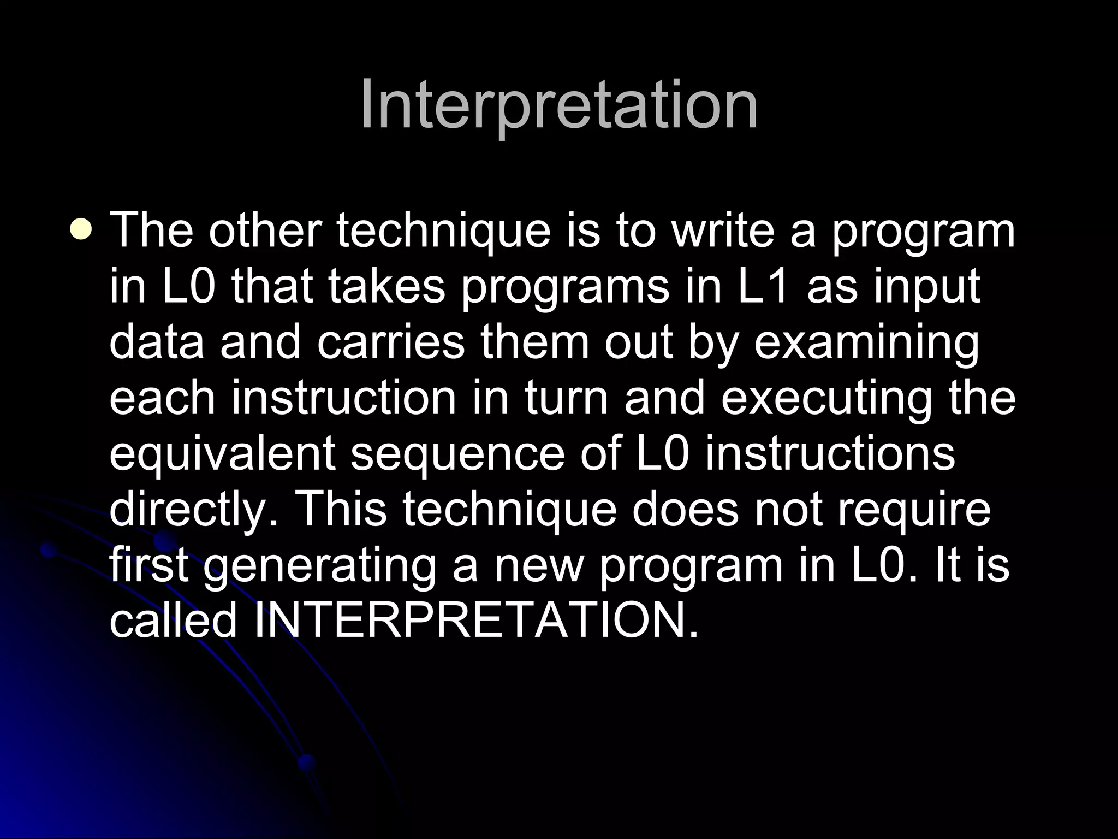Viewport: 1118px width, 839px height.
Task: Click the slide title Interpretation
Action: [x=559, y=105]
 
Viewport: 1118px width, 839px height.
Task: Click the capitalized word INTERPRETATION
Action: [x=476, y=621]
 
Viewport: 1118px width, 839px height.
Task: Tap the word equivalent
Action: [x=222, y=454]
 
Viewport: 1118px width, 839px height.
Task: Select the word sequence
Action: [x=457, y=454]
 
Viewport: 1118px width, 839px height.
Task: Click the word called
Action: [x=174, y=621]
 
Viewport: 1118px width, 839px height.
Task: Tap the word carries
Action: [x=390, y=343]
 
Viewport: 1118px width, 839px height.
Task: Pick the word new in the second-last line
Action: [x=539, y=566]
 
